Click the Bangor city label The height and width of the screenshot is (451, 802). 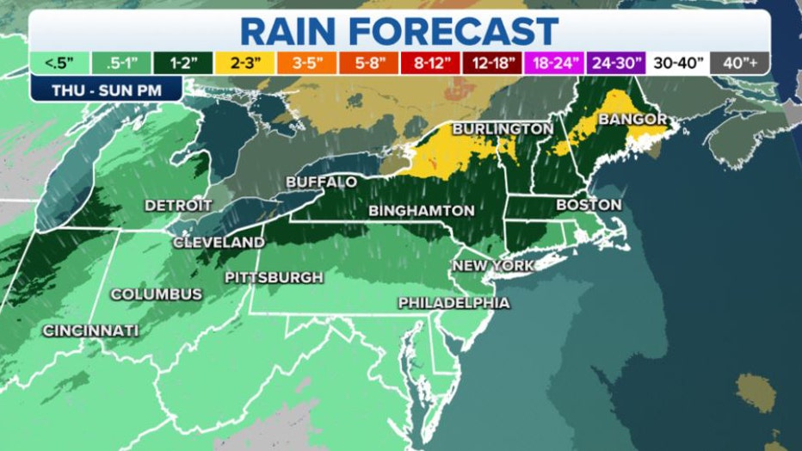coord(632,118)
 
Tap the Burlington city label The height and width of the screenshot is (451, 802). coord(502,128)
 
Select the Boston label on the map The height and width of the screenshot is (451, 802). coord(589,205)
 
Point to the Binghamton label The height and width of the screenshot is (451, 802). coord(421,210)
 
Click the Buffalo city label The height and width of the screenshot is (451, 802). coord(321,182)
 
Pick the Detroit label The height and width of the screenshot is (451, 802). coord(178,205)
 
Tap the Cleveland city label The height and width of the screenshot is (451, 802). coord(219,243)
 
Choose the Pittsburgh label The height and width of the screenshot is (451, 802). coord(274,277)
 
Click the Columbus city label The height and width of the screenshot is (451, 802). coord(157,294)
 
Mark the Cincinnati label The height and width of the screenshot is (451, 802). coord(90,331)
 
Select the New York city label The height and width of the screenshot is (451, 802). coord(493,265)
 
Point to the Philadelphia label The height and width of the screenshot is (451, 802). coord(453,303)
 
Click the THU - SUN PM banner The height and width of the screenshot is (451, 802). coord(107,89)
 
